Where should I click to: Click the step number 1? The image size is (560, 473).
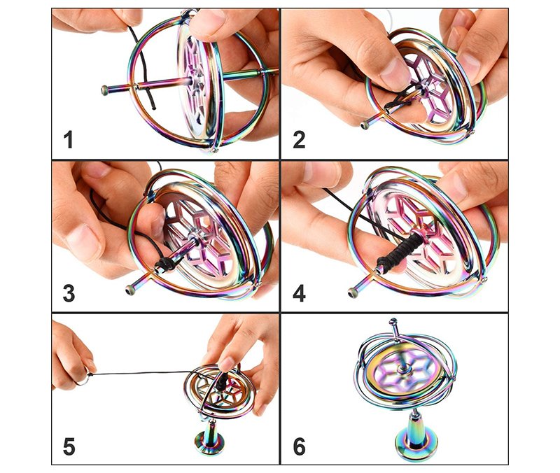tap(68, 139)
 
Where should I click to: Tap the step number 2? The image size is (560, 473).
tap(299, 139)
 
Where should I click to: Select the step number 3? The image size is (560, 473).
tap(69, 293)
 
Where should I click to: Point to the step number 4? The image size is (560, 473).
tap(300, 293)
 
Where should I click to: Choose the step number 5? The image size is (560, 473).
tap(69, 446)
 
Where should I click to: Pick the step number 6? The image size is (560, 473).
tap(300, 446)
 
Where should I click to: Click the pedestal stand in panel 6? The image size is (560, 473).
tap(416, 437)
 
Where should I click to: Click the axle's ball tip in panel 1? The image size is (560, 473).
tap(105, 90)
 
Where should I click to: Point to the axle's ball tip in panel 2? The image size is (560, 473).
tap(365, 125)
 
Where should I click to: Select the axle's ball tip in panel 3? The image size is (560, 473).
tap(130, 290)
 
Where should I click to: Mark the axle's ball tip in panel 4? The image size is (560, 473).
tap(353, 293)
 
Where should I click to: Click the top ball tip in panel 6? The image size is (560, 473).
tap(393, 322)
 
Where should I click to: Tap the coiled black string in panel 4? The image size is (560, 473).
tap(396, 253)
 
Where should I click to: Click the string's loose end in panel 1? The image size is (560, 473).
tap(154, 108)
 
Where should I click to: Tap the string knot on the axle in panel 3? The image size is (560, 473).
tap(164, 264)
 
